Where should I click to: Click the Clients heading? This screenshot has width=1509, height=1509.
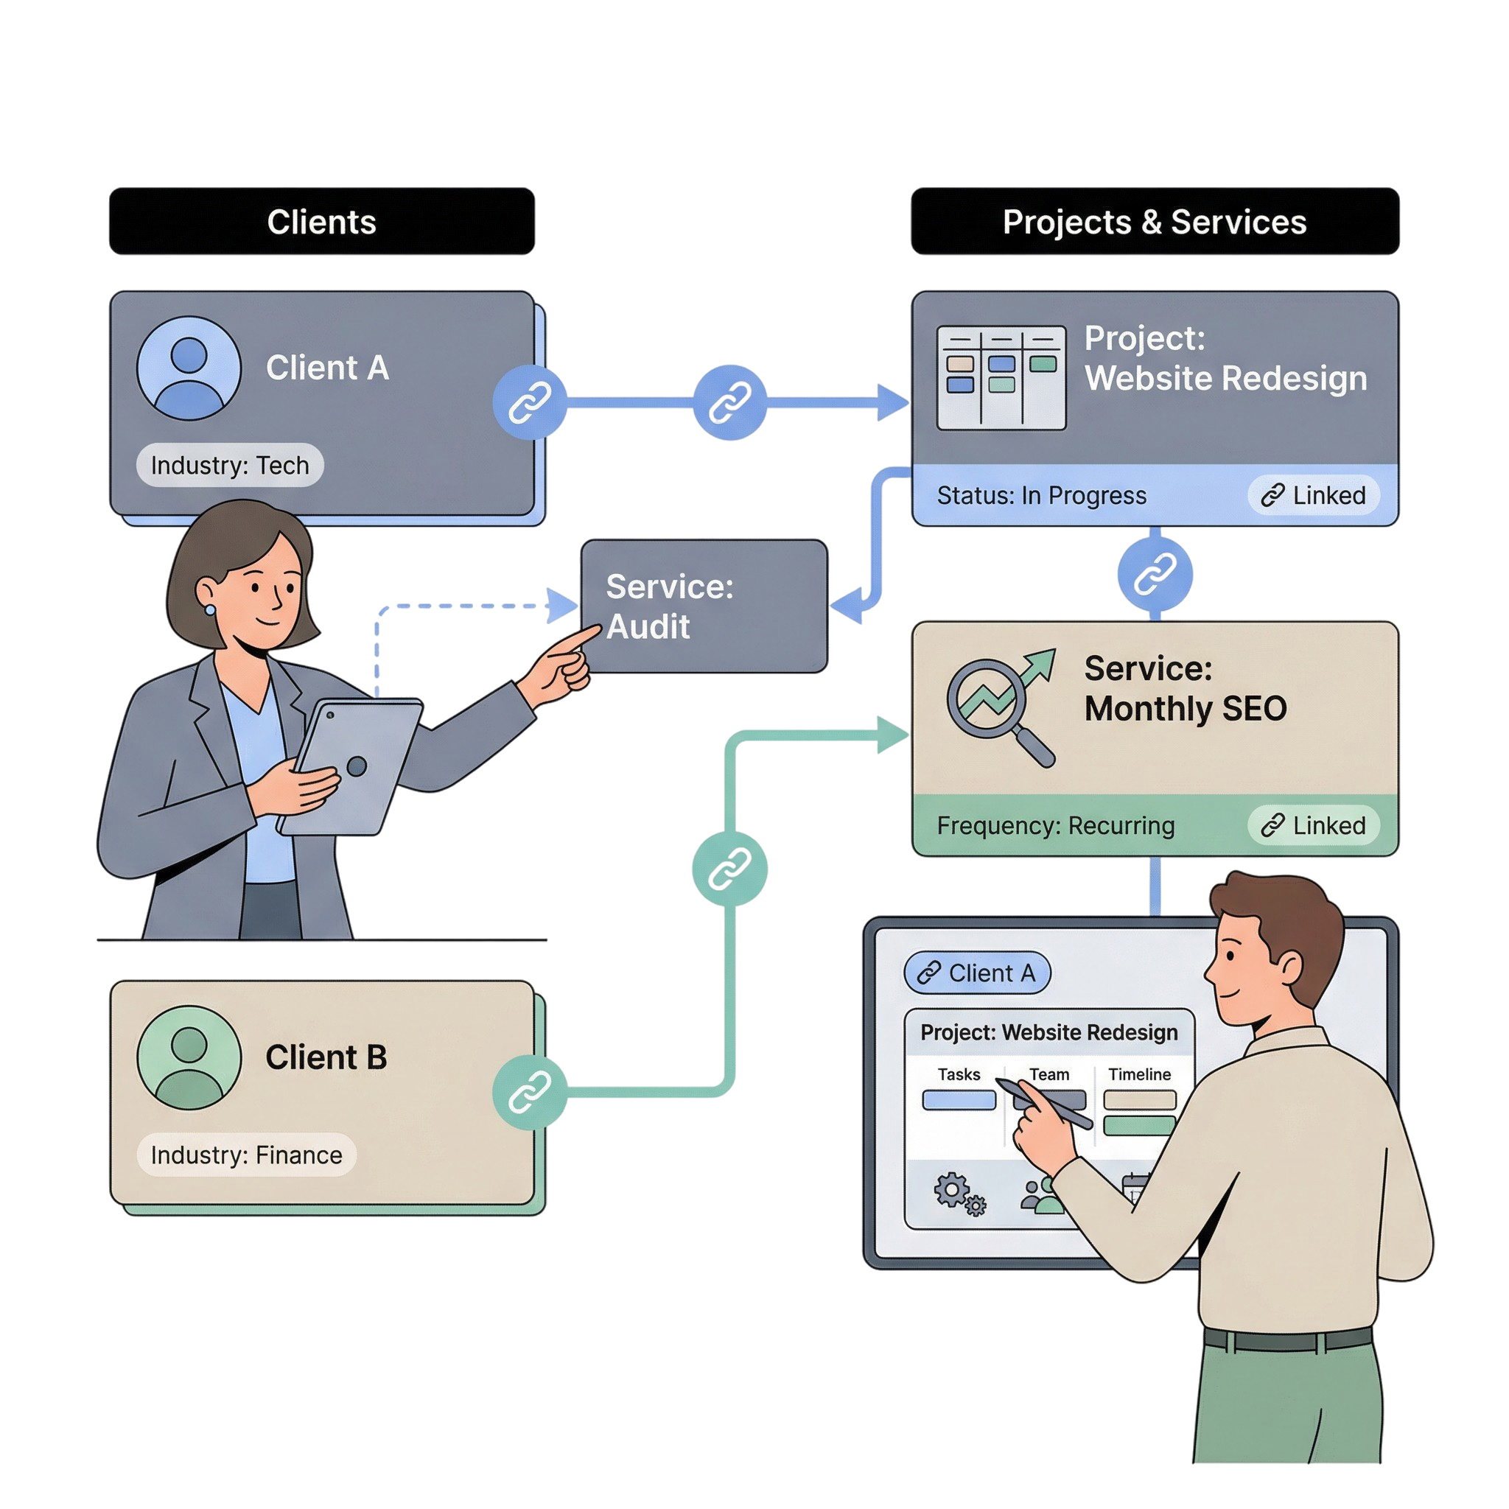click(x=321, y=222)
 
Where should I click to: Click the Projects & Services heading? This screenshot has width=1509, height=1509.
click(x=1154, y=222)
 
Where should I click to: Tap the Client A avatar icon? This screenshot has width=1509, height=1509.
click(x=188, y=367)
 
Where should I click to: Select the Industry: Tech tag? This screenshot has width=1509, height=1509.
click(x=230, y=465)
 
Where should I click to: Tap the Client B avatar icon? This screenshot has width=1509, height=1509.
click(x=188, y=1057)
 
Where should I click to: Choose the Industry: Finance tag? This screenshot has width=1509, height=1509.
click(x=246, y=1155)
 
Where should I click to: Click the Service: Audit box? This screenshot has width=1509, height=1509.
click(x=703, y=606)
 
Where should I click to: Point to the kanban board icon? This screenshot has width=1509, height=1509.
click(x=1001, y=377)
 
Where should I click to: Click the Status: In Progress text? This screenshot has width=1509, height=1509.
click(x=1041, y=495)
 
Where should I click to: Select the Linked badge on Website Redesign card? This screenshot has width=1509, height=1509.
click(x=1313, y=495)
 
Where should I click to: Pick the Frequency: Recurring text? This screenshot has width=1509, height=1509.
click(x=1055, y=825)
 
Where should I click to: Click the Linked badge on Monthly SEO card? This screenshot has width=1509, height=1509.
click(x=1313, y=825)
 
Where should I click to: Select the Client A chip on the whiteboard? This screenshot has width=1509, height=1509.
click(x=976, y=973)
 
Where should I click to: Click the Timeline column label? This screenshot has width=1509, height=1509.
click(x=1139, y=1075)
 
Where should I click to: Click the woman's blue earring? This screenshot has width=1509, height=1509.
click(x=210, y=609)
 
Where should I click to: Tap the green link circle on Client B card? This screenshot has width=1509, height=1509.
click(x=530, y=1092)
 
